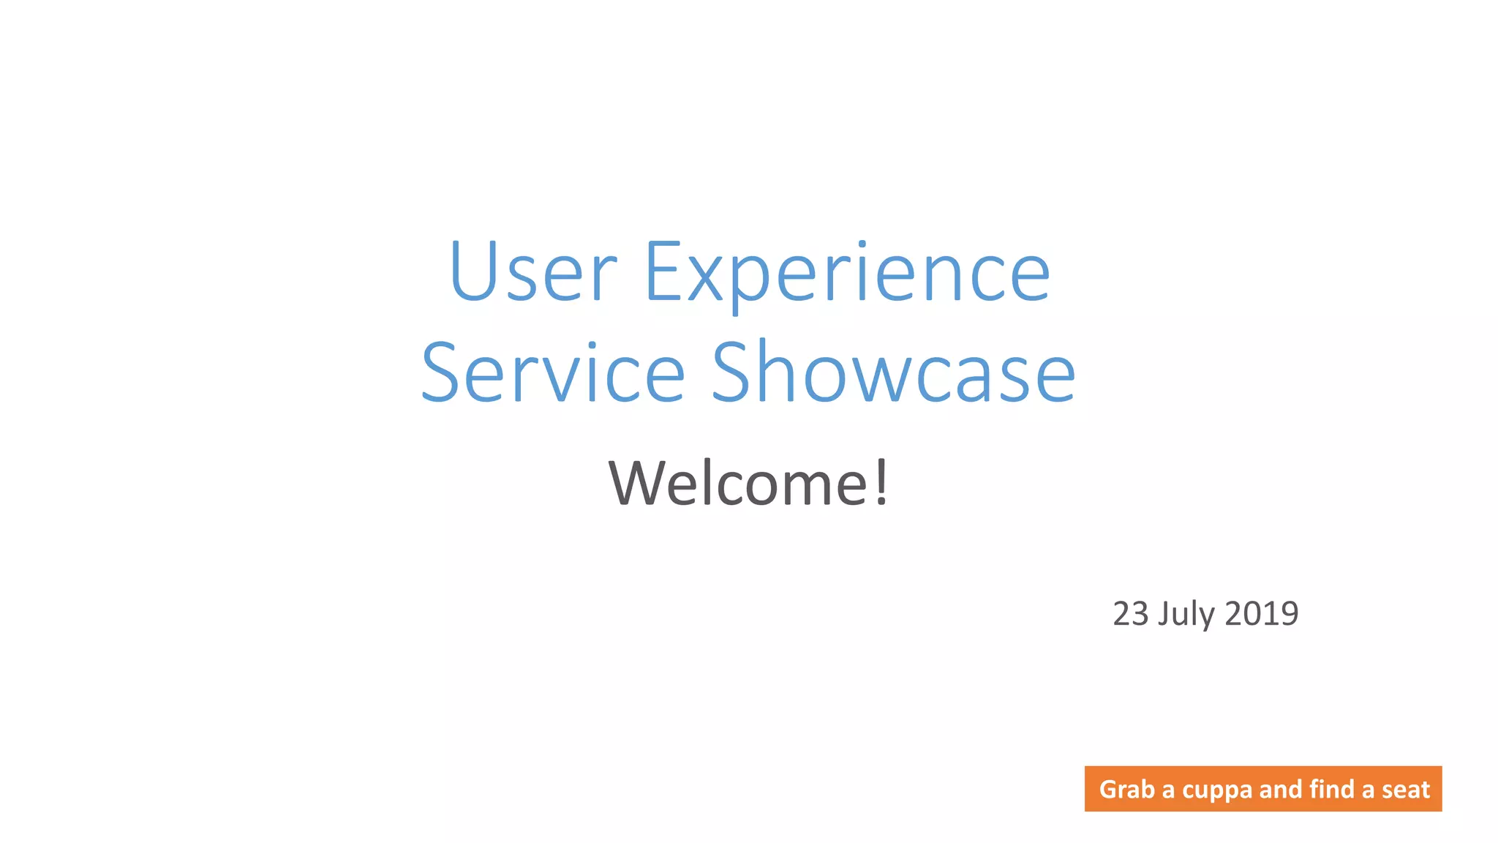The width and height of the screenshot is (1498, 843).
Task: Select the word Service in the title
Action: point(553,373)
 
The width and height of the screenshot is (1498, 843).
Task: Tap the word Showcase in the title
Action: point(893,373)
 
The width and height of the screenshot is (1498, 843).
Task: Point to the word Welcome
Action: point(739,483)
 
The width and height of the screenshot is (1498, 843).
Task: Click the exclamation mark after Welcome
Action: point(881,482)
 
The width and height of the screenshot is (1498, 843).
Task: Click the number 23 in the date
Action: point(1130,614)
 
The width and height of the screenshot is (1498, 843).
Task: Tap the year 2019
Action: point(1262,614)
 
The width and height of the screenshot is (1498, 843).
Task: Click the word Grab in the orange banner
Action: point(1126,790)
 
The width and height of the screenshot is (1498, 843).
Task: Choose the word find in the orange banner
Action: point(1332,789)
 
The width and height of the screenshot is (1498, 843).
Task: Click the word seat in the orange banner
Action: point(1405,790)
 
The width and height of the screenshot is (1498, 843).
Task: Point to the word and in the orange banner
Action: point(1280,789)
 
